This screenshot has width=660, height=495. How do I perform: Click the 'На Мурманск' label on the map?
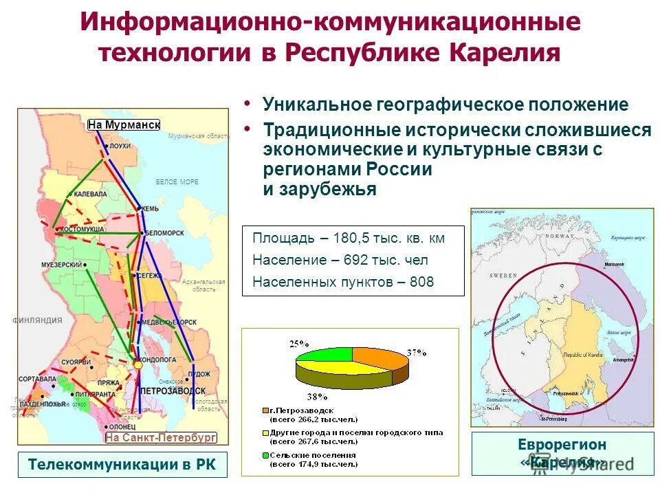pyautogui.click(x=124, y=124)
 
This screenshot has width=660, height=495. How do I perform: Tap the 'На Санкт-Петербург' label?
pyautogui.click(x=161, y=437)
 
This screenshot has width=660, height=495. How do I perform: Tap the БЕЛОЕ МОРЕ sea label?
pyautogui.click(x=177, y=182)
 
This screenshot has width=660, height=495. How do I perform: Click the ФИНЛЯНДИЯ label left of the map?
pyautogui.click(x=38, y=320)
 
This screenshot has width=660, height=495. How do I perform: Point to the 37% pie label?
pyautogui.click(x=417, y=352)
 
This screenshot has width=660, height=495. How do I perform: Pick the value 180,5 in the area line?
pyautogui.click(x=353, y=239)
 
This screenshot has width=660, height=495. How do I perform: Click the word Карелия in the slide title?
pyautogui.click(x=505, y=52)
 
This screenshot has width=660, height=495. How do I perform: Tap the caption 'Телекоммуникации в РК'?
pyautogui.click(x=122, y=465)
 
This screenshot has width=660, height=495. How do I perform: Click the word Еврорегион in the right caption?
pyautogui.click(x=562, y=445)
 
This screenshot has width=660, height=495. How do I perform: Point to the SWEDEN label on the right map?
pyautogui.click(x=503, y=275)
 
